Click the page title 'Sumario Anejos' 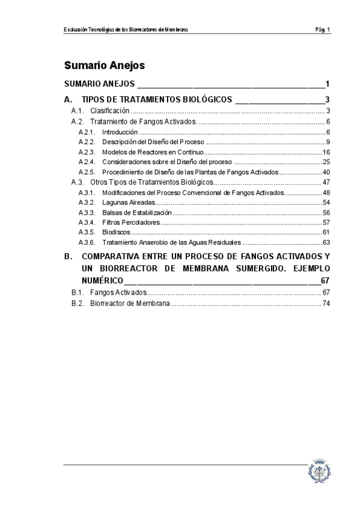(105, 65)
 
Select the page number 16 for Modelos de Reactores (326, 152)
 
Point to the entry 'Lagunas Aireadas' (124, 202)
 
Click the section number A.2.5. (87, 172)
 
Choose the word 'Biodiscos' (115, 232)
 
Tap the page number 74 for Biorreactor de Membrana (326, 304)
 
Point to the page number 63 (326, 242)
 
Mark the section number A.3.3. (87, 212)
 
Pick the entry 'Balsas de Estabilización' (136, 212)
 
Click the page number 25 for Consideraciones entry (326, 162)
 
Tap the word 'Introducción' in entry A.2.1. (120, 132)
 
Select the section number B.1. (77, 292)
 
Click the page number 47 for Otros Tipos (326, 182)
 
